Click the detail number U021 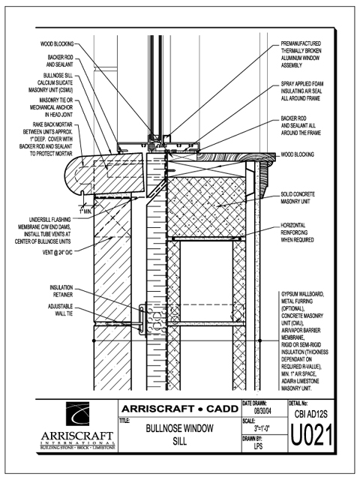pos(311,435)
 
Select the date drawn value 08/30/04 pos(262,411)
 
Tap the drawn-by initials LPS pos(258,446)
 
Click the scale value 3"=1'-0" pos(262,428)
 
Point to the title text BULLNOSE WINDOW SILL pos(180,435)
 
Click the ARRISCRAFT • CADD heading pos(180,409)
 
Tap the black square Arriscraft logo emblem pos(77,414)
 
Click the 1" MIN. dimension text pos(85,211)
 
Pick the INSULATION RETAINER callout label pos(61,291)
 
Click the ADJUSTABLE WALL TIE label pos(60,310)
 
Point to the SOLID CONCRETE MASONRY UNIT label pos(298,198)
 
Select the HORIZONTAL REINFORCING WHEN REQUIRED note pos(297,232)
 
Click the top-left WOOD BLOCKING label pos(57,44)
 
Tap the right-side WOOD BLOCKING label pos(297,154)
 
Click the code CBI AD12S pos(310,414)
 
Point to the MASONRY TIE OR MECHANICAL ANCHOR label pos(52,107)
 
